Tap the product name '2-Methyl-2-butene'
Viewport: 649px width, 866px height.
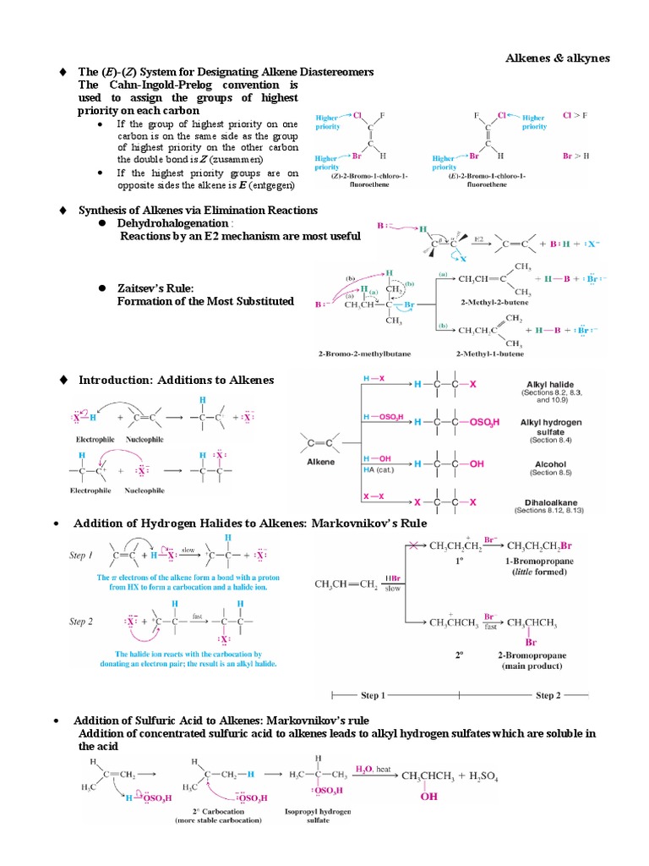click(x=479, y=301)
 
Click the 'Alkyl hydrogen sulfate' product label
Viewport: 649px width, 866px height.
click(x=551, y=426)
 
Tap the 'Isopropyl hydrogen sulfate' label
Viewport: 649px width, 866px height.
click(x=318, y=816)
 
